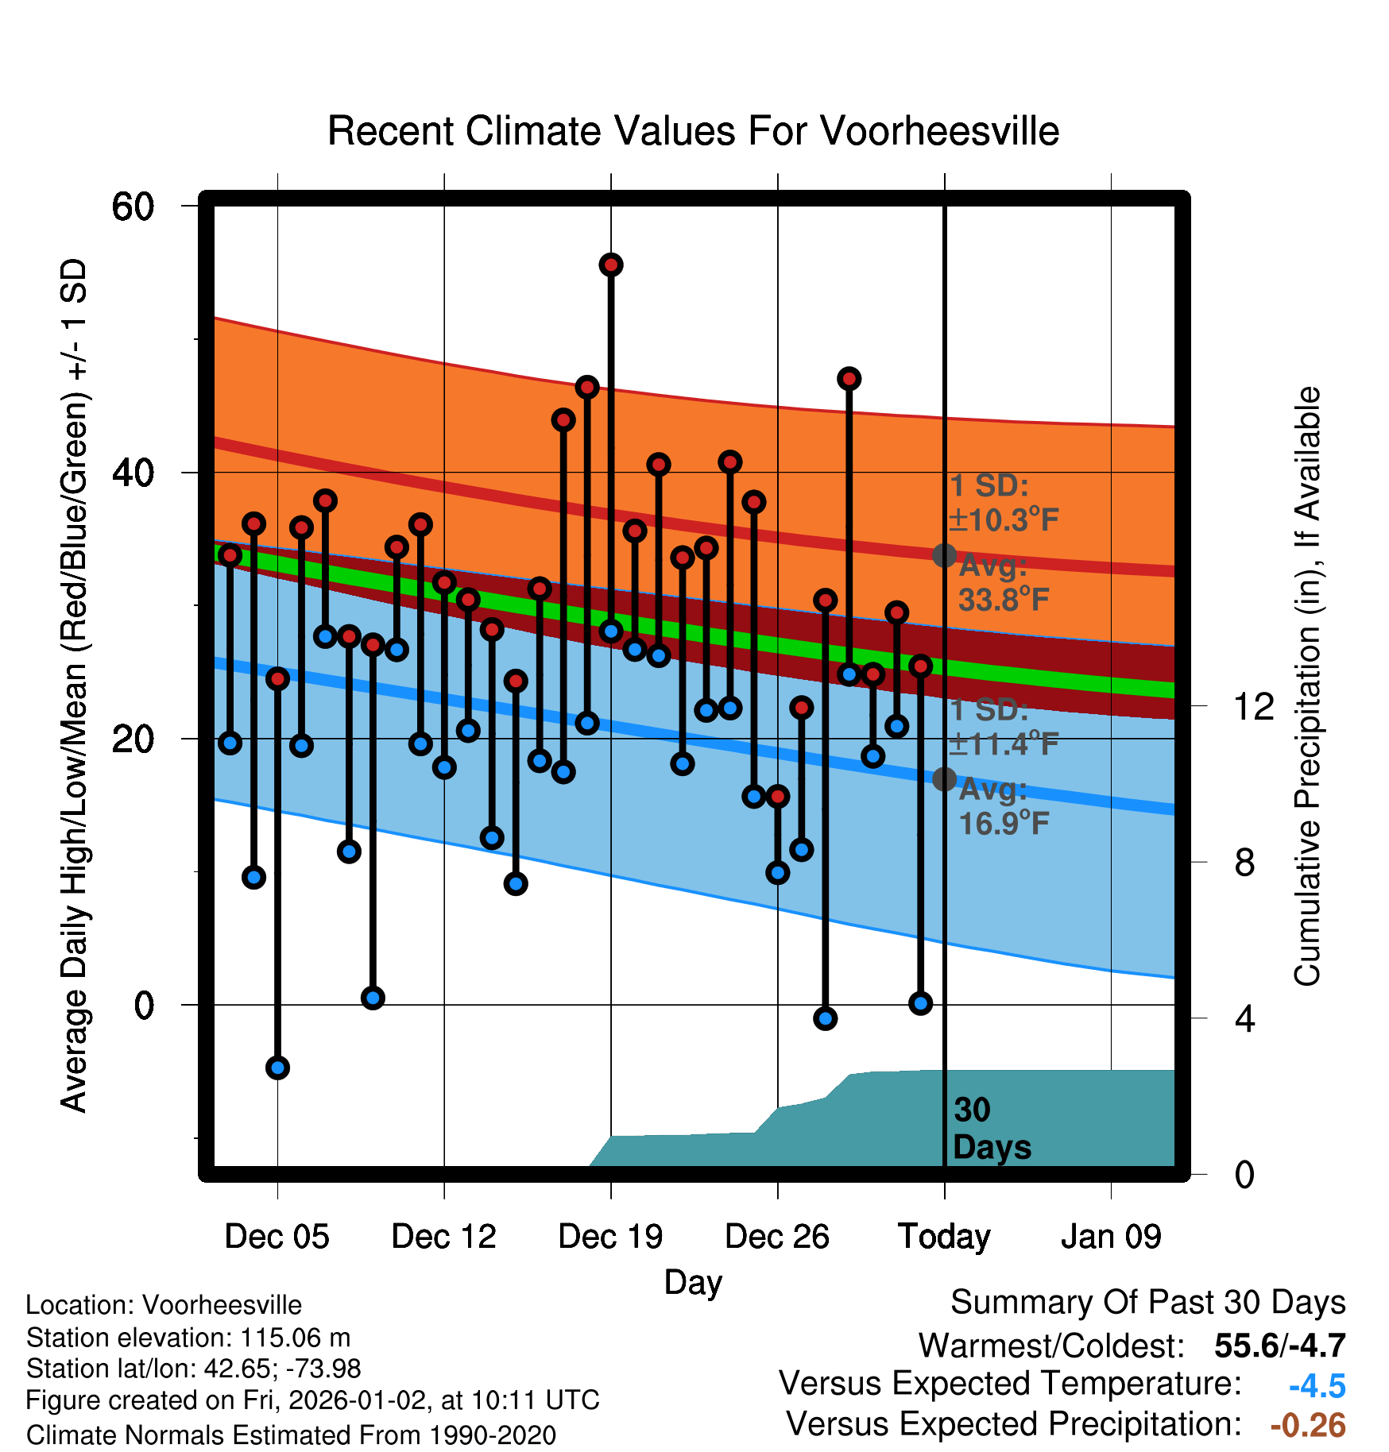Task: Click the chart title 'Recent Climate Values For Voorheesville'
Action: (x=693, y=131)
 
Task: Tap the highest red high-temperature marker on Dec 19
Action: (x=611, y=265)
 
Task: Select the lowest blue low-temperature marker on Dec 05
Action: (x=277, y=1068)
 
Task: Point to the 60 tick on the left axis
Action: (x=133, y=207)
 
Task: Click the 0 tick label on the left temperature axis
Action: (x=144, y=1006)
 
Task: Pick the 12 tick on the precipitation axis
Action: (x=1253, y=706)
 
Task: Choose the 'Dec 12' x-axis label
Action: (x=443, y=1237)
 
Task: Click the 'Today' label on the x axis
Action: (x=944, y=1237)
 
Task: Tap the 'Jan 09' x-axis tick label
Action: (x=1111, y=1237)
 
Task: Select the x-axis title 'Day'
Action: (x=693, y=1282)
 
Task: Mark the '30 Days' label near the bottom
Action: (x=990, y=1129)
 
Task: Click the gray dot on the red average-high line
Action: (x=944, y=555)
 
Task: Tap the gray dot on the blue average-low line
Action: (x=944, y=779)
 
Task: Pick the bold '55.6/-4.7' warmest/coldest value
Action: (x=1279, y=1346)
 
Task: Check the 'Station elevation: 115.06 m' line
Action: (x=188, y=1338)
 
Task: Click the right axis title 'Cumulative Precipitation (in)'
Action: (x=1307, y=686)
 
